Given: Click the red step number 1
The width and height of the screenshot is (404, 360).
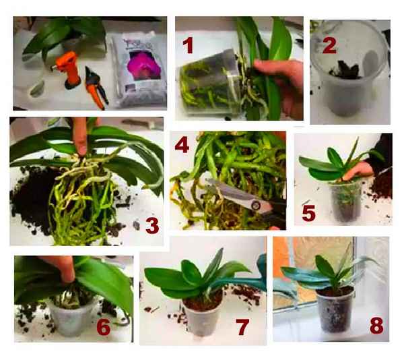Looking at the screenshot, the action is pos(188,45).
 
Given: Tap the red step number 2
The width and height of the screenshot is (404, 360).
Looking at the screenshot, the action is pos(329,45).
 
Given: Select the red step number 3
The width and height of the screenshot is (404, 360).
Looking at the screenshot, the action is pos(152,226).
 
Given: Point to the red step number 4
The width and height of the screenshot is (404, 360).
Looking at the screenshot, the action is pos(182,145).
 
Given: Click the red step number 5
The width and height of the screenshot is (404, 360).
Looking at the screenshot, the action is pos(308,213).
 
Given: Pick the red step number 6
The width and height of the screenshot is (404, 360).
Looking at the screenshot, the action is pos(104,328).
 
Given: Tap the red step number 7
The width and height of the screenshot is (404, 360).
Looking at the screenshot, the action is pos(242,327).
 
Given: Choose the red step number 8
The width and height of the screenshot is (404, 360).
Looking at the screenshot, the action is pos(376,326).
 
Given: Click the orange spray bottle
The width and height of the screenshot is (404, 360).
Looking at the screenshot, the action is pos(69,69).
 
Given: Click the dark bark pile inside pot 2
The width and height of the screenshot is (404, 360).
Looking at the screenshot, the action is pos(345,70).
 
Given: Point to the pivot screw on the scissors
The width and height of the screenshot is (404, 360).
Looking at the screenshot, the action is pos(255,205).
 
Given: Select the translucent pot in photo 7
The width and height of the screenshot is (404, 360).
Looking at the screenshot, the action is pos(203,318).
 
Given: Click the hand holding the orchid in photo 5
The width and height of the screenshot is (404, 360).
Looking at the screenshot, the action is pos(358,170).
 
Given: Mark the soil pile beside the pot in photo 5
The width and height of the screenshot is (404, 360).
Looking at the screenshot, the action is pos(381,185).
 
